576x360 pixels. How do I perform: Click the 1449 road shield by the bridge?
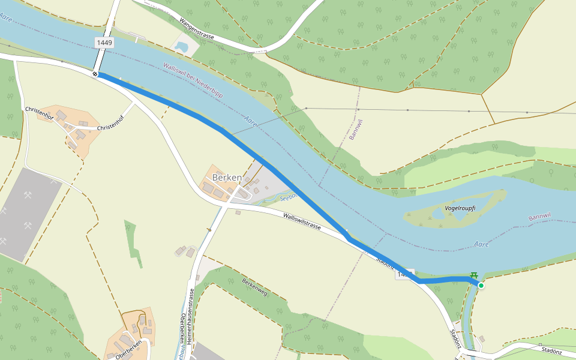(x=104, y=43)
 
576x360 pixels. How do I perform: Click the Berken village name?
(x=227, y=178)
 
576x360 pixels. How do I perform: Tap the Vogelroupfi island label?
(x=461, y=208)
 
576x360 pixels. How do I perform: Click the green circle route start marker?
(x=481, y=286)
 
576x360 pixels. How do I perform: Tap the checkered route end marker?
(x=95, y=74)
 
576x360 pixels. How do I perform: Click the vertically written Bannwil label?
(x=356, y=130)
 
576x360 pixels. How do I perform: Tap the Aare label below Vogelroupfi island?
(x=481, y=244)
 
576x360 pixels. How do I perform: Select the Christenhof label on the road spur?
(x=109, y=127)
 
